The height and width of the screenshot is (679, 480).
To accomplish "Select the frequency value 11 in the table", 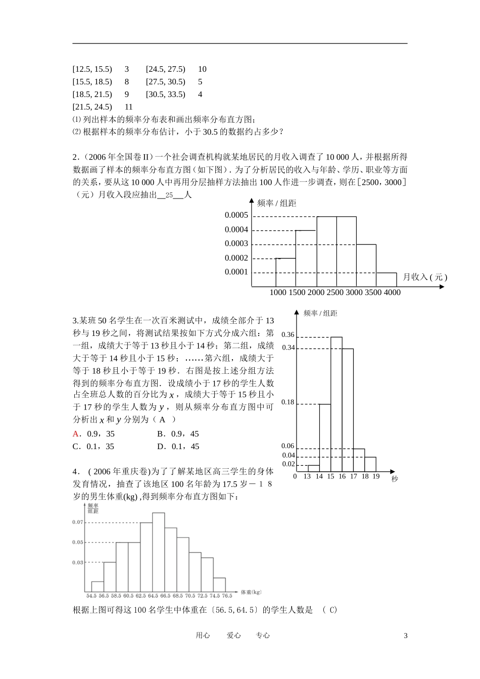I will point(128,107).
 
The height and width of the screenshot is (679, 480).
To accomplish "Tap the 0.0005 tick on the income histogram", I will point(236,215).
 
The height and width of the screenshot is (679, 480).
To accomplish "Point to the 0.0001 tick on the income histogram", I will point(236,272).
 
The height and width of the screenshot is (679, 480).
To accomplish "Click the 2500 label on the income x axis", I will point(335,293).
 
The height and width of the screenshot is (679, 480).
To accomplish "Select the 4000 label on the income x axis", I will point(392,293).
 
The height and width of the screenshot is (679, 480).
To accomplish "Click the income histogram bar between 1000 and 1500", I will point(285,272).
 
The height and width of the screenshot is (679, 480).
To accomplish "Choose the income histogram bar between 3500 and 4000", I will point(387,279).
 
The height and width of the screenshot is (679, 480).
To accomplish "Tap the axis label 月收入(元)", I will point(424,277).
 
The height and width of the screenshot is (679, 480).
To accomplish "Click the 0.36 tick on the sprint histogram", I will point(287,335).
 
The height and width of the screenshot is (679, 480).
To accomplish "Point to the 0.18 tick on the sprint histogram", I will point(287,402).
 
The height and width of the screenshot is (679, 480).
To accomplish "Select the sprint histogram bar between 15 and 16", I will point(337,404).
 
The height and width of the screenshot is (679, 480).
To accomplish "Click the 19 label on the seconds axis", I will point(375,476).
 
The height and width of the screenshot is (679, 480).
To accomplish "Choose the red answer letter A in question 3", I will point(76,433).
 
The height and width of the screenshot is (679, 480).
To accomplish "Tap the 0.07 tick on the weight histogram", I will point(77,522).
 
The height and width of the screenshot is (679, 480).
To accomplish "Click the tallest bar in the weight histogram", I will point(158,553).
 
